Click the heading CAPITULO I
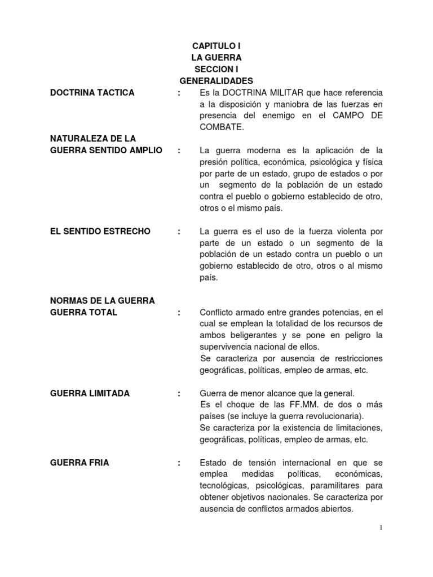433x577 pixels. [216, 46]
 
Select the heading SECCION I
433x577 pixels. [216, 69]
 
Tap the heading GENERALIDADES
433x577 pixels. [216, 81]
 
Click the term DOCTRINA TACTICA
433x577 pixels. [92, 92]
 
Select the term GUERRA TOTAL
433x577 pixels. [83, 312]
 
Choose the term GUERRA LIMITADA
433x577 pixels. [90, 393]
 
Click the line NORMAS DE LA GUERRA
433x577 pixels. [102, 300]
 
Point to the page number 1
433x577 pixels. [381, 527]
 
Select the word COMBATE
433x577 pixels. [221, 127]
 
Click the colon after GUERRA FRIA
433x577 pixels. [179, 463]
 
